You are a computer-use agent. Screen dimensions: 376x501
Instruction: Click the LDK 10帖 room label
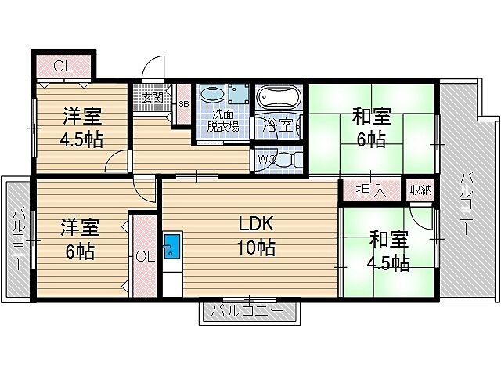point(256,235)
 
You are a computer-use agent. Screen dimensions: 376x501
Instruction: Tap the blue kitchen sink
point(172,248)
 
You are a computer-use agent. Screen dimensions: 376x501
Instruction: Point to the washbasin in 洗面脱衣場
point(211,95)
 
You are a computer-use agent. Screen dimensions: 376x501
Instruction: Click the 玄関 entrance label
point(153,98)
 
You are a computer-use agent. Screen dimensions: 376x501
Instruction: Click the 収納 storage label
point(419,190)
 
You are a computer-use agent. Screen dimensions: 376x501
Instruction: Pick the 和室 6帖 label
point(371,128)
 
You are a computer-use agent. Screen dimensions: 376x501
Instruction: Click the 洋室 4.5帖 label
point(81,128)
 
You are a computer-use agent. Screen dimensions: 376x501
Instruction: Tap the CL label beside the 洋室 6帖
point(144,255)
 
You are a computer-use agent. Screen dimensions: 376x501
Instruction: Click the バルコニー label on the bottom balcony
point(248,312)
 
